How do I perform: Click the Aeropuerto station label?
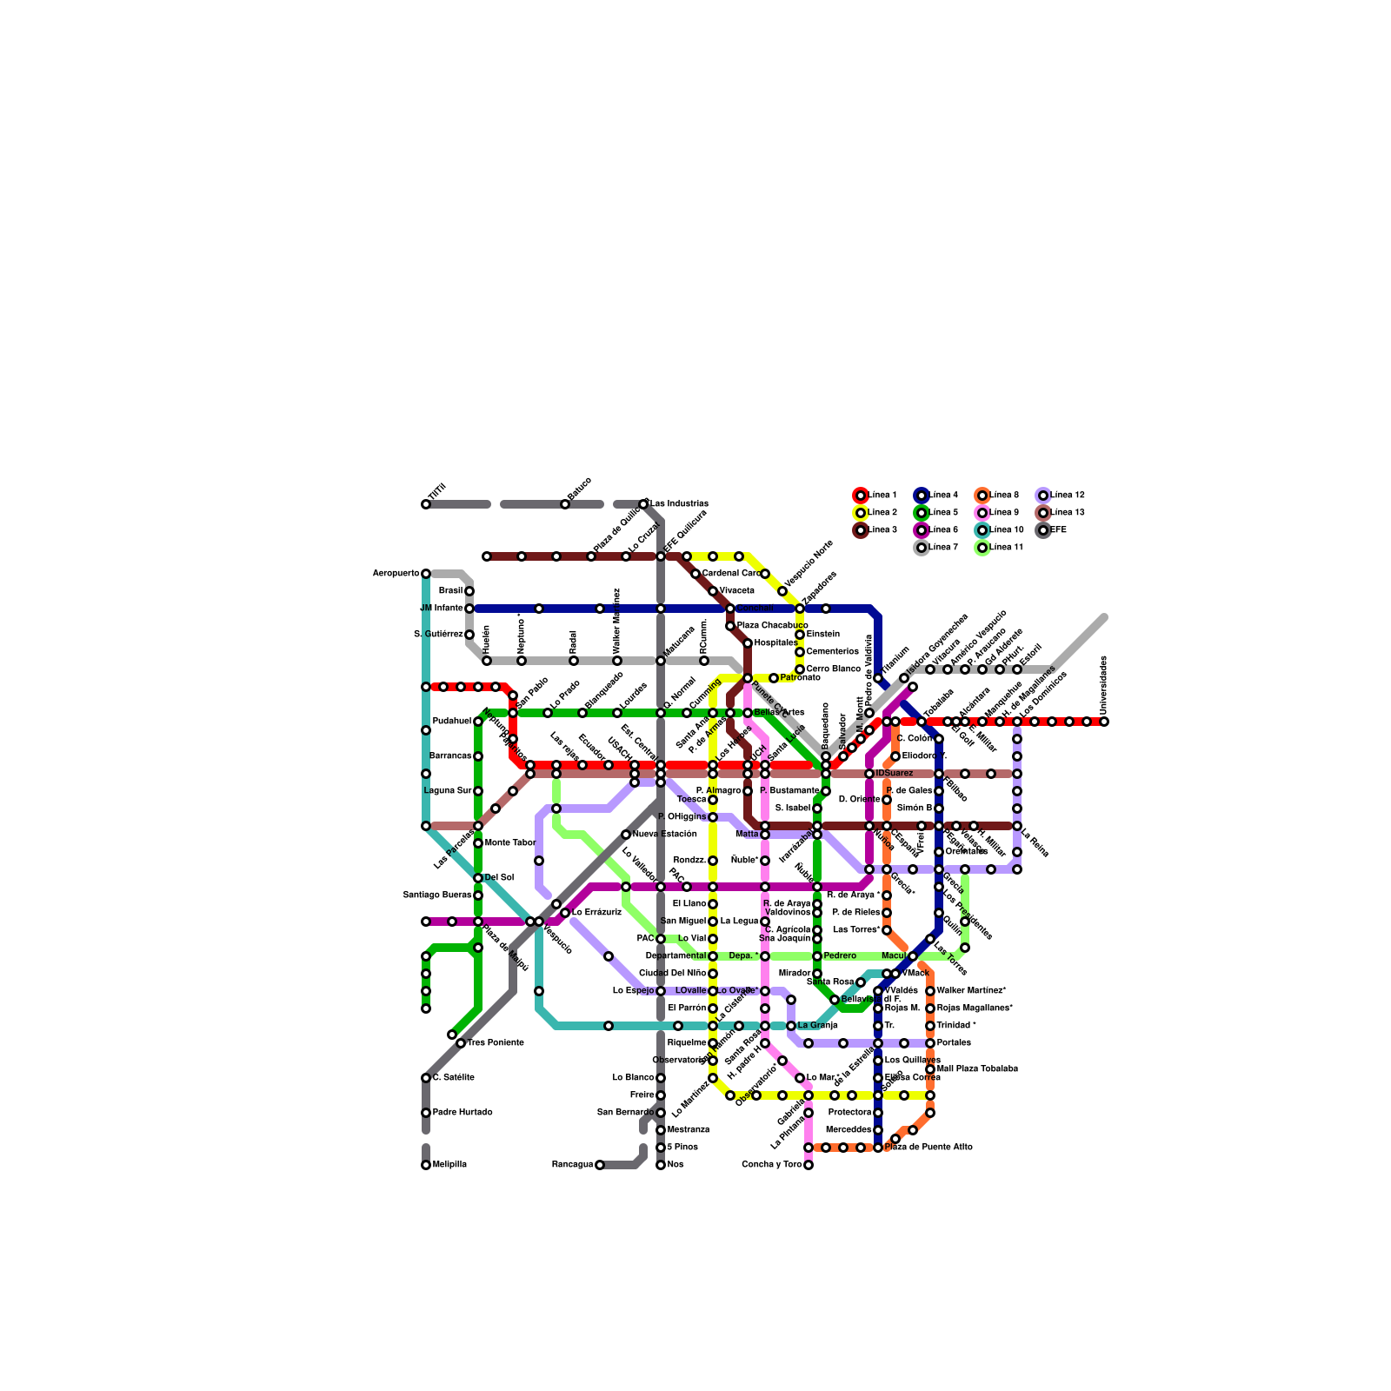[396, 574]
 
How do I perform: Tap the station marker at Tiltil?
[426, 504]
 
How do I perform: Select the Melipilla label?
[449, 1165]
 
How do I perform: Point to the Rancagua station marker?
[600, 1165]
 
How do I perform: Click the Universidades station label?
[1104, 682]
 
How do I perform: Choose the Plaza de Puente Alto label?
[928, 1148]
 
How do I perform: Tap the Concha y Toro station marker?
[809, 1165]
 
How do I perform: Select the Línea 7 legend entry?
[943, 548]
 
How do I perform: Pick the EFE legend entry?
[1058, 530]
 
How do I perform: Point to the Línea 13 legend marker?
[1043, 513]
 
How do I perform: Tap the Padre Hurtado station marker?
[426, 1113]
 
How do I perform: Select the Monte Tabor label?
[510, 843]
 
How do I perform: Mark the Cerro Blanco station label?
[833, 669]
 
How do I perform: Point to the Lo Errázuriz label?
[596, 913]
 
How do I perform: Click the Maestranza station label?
[689, 1130]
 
